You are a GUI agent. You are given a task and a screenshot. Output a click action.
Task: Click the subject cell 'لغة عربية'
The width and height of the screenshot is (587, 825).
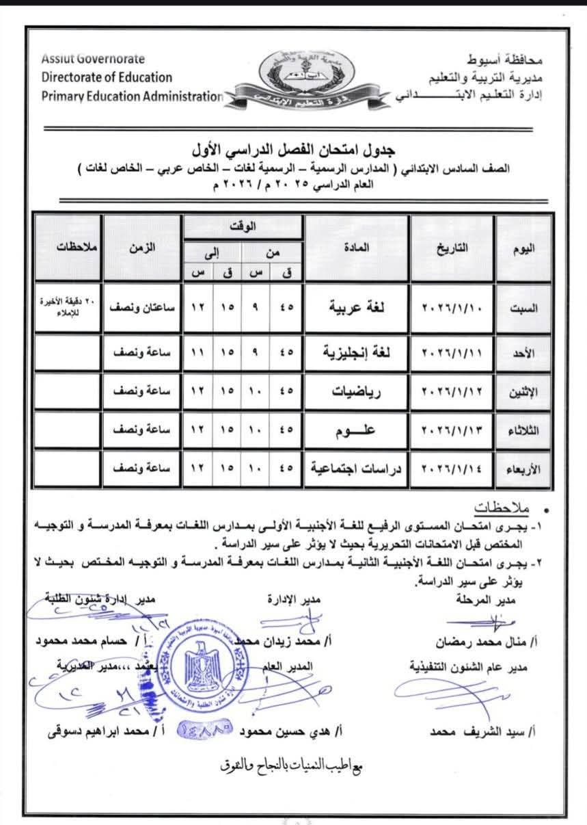tap(356, 308)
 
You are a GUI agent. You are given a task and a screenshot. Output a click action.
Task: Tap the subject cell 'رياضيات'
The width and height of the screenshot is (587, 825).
tap(356, 391)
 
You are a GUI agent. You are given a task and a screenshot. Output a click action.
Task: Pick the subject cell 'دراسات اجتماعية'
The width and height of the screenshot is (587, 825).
tap(356, 469)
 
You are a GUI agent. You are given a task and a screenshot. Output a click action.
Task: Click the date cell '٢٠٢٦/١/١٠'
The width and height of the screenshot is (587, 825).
tap(452, 308)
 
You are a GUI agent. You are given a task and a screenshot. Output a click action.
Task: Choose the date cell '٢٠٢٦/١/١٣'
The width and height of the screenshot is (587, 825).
tap(452, 430)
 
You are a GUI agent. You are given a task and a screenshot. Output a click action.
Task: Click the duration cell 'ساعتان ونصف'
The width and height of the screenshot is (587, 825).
tap(141, 308)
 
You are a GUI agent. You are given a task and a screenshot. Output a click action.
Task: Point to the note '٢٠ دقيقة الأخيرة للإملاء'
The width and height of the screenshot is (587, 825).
tap(68, 308)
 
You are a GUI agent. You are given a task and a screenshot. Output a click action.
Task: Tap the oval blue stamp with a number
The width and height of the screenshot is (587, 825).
tap(205, 731)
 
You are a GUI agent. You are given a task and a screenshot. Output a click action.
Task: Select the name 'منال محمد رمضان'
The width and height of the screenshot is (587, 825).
tap(486, 643)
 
